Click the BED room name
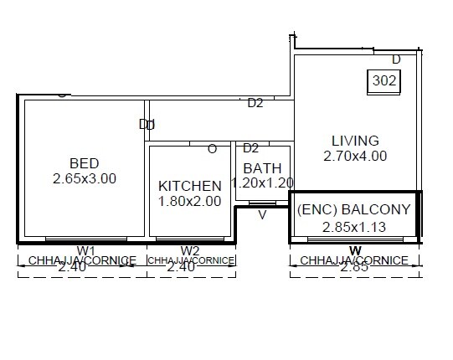pos(85,162)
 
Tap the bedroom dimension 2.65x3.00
pos(85,178)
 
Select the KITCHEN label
pos(190,186)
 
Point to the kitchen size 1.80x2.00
pos(190,201)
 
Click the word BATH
pos(262,168)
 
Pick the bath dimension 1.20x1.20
pos(262,183)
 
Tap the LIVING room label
pos(355,141)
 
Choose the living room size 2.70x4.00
pos(355,156)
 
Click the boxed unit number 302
pos(384,81)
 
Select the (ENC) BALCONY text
pos(354,209)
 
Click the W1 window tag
pos(85,249)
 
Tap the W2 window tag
pos(190,249)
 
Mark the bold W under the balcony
pos(355,250)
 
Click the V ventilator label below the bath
pos(262,214)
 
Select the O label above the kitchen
pos(212,149)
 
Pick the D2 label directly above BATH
pos(250,148)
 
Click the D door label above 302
pos(396,59)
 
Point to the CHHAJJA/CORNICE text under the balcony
pos(355,260)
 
